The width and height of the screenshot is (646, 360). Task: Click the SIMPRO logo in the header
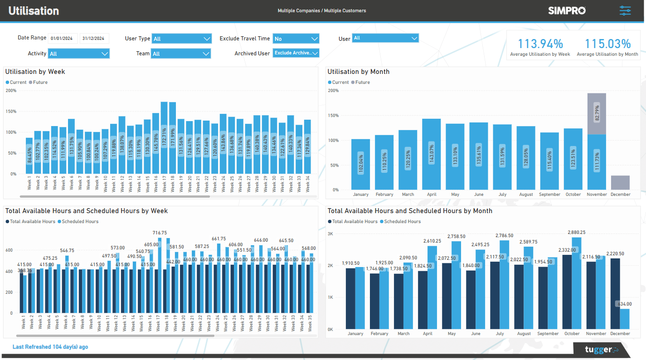(567, 10)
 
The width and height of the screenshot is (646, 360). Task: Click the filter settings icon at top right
(625, 10)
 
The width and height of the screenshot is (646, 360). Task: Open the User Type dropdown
(181, 39)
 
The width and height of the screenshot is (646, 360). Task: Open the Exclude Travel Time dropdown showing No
(296, 39)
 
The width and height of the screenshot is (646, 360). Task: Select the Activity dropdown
(79, 54)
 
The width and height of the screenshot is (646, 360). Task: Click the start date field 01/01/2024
(63, 39)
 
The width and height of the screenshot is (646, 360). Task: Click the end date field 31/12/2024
(94, 39)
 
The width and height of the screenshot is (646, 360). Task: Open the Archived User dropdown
(296, 53)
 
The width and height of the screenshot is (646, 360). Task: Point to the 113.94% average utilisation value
(540, 44)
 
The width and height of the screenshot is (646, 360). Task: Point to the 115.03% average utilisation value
(607, 44)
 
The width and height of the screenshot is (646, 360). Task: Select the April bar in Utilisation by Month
(432, 154)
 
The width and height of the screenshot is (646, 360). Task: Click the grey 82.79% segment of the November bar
(597, 113)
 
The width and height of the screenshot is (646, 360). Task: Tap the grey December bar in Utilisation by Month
(620, 183)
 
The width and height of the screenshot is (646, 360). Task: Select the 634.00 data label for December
(623, 304)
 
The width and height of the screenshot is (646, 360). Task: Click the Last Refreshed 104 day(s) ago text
(50, 347)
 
